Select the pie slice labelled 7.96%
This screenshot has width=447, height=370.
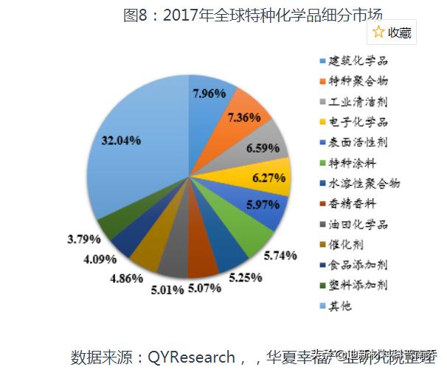[207, 94]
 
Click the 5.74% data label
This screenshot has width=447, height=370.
[280, 255]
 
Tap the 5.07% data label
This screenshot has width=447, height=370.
[204, 288]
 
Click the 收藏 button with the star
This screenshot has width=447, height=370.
[392, 32]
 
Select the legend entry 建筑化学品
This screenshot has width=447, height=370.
[356, 60]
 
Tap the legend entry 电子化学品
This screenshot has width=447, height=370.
[356, 122]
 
